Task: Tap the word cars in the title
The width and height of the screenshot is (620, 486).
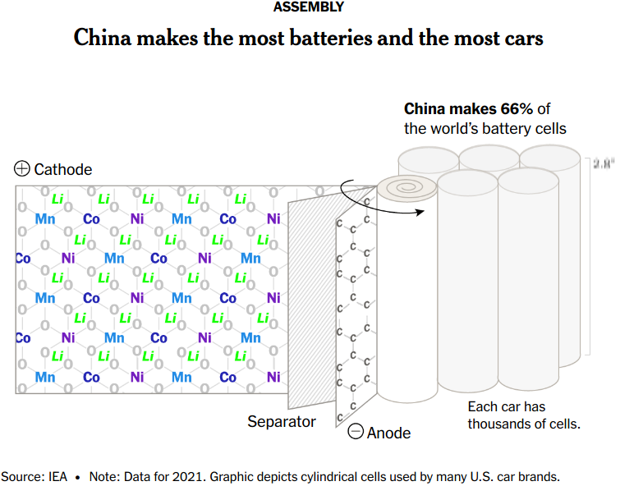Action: point(520,39)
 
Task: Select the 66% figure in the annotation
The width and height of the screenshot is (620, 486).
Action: point(518,108)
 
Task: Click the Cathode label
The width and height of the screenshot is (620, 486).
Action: point(63,169)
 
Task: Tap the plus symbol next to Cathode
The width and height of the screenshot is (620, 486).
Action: point(22,169)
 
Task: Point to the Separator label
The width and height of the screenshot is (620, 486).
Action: point(282,421)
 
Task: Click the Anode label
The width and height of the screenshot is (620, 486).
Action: point(388,433)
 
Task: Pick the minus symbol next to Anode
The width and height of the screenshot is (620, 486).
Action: point(356,432)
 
